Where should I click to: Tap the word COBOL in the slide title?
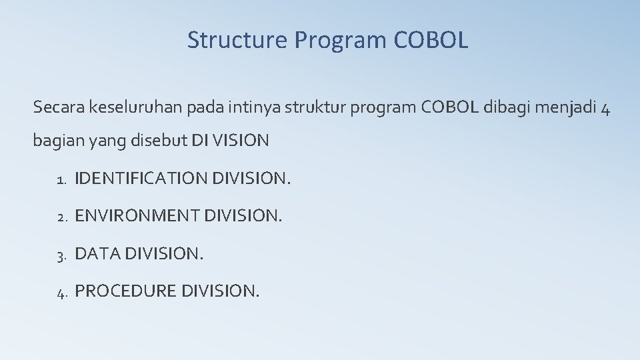point(431,40)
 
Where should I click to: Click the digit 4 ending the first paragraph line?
point(604,108)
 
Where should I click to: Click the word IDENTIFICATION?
point(141,179)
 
